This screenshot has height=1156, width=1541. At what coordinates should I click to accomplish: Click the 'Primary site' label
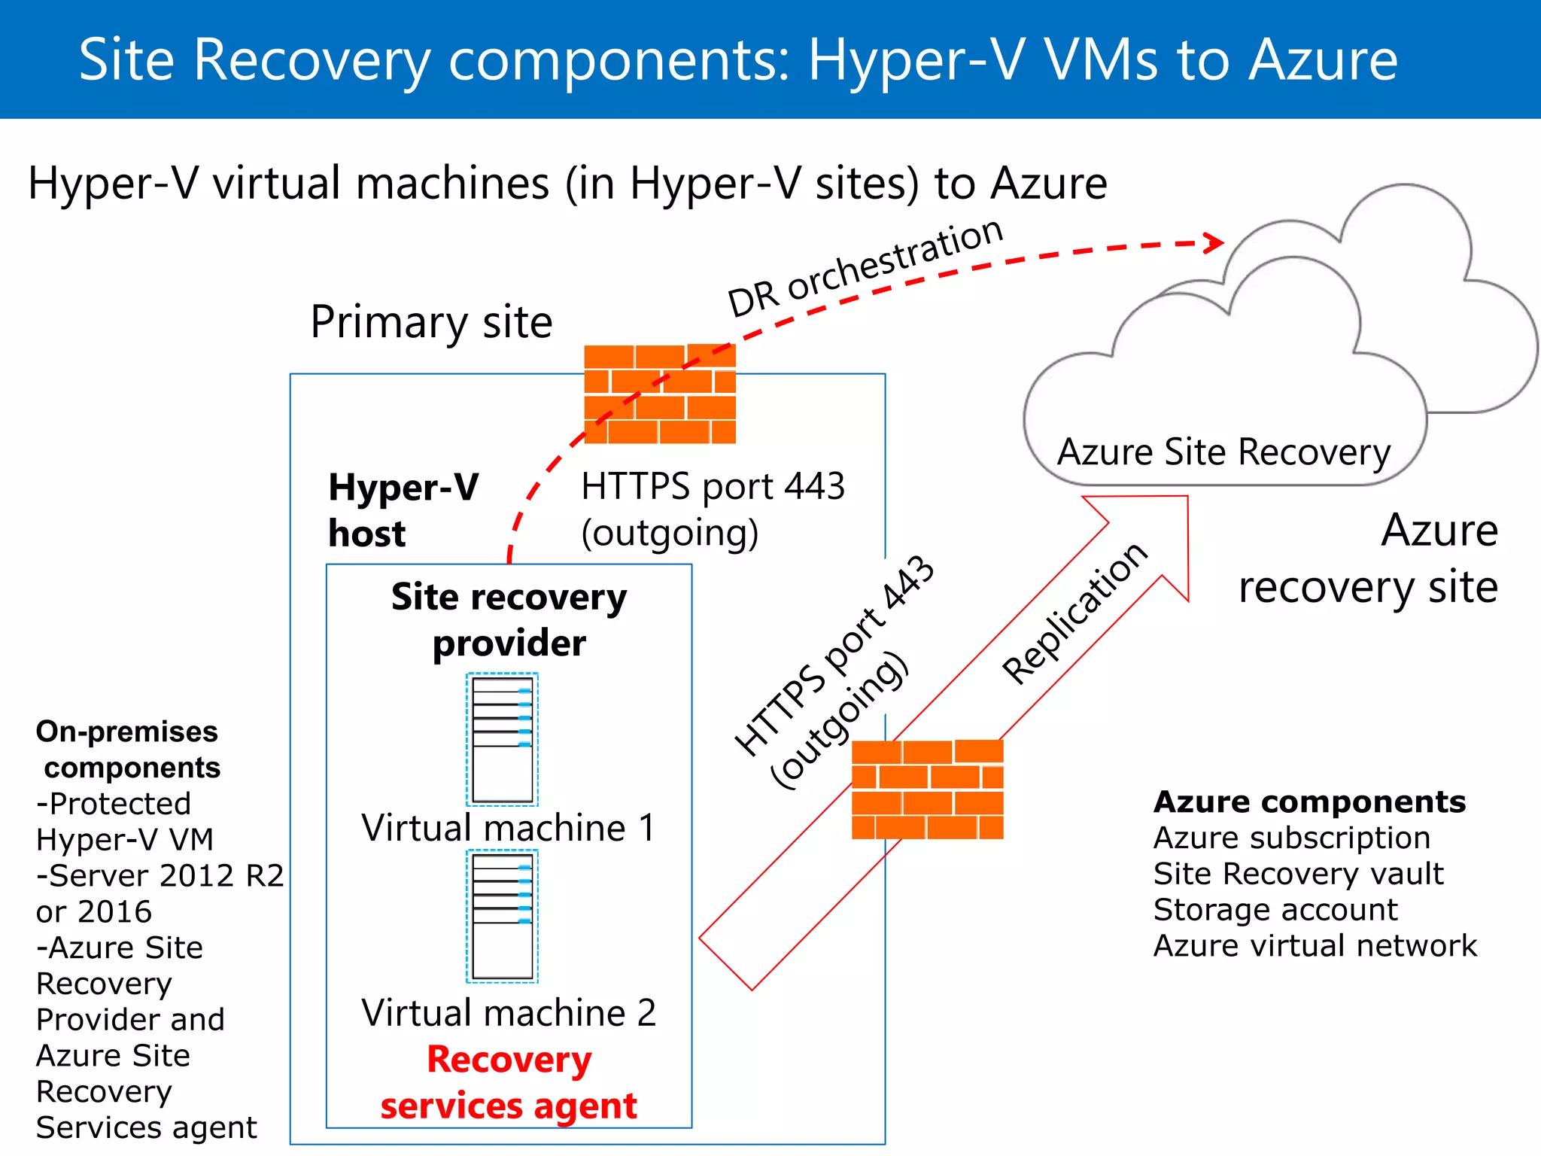coord(431,322)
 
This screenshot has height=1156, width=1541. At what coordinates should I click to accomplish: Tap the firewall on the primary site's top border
coord(660,394)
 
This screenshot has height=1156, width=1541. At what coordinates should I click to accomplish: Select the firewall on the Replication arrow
coord(927,789)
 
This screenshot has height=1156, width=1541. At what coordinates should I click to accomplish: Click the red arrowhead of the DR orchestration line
coord(1213,242)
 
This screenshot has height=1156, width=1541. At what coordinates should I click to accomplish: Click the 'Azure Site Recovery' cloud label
coord(1223,452)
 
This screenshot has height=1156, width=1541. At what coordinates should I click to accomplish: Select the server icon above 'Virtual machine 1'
coord(503,739)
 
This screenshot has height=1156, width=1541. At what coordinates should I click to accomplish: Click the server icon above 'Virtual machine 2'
coord(503,916)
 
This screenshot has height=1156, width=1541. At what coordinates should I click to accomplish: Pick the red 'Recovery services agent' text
coord(509,1082)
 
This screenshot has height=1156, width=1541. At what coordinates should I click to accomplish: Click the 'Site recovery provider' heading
coord(509,620)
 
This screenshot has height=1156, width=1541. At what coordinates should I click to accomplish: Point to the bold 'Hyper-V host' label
coord(403,510)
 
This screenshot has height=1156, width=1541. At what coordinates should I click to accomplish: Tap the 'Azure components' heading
coord(1309,802)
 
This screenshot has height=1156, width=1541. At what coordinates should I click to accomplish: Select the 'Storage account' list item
coord(1275,910)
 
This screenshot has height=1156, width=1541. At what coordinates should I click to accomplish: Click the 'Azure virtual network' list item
coord(1315,946)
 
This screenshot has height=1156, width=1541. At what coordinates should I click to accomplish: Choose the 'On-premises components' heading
coord(128,750)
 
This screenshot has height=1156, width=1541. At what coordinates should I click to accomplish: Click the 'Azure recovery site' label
coord(1368,558)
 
